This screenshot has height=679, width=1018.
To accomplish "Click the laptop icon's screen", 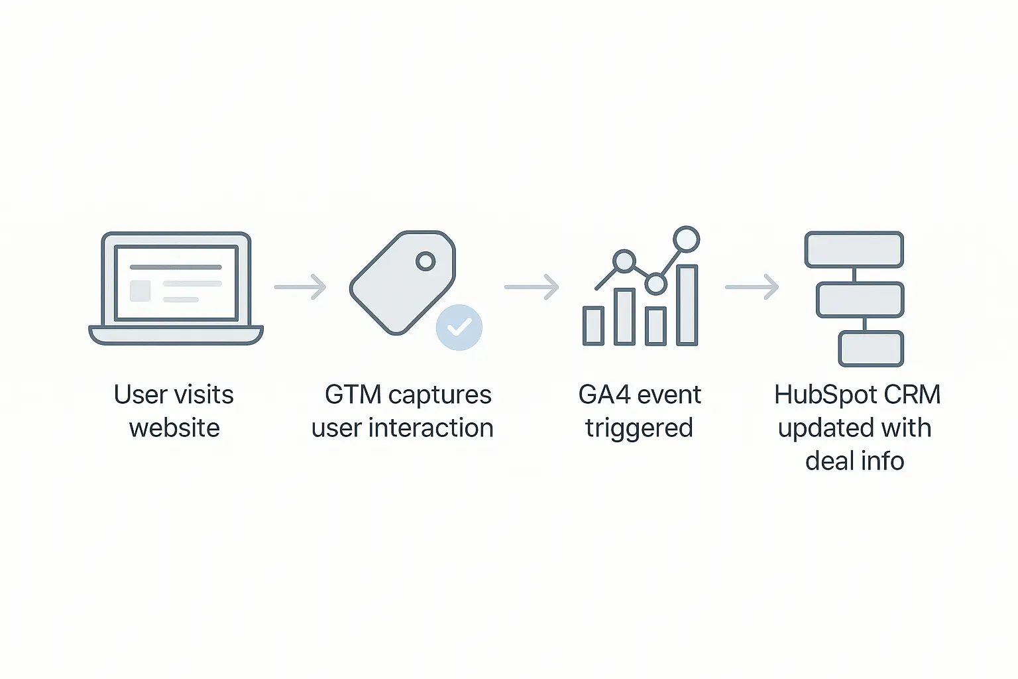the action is click(176, 283).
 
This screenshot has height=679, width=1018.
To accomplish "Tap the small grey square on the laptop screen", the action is click(140, 290).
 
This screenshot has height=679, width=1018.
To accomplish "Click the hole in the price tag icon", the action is click(425, 261).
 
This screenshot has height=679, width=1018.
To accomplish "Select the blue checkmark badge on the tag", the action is click(459, 328).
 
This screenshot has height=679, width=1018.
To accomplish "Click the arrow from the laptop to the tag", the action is click(300, 287).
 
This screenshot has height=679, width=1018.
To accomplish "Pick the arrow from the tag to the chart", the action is click(532, 287).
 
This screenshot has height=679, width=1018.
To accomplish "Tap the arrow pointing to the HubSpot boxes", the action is click(752, 287).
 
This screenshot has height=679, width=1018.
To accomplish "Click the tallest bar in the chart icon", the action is click(687, 305).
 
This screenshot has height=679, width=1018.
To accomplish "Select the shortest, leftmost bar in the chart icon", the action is click(594, 326).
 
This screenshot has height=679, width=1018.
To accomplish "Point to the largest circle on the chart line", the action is click(686, 239).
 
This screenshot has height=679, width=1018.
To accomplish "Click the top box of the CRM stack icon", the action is click(854, 249).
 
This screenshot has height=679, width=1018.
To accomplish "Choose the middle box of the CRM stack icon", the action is click(860, 300).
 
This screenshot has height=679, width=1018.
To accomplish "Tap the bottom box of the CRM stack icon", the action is click(871, 349).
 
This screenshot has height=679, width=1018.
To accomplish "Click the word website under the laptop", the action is click(174, 428).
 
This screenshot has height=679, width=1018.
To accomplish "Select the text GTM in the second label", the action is click(353, 395).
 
